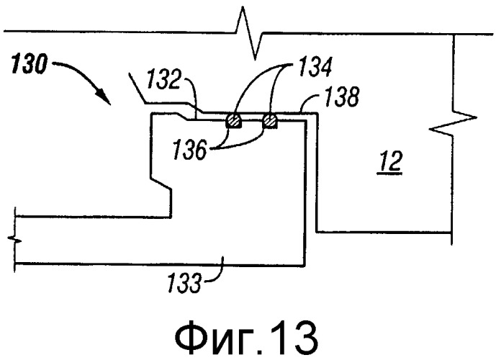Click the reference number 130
point(29,65)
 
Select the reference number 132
point(164,80)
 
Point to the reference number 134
point(315,67)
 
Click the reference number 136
point(190,149)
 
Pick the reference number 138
point(342,96)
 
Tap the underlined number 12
point(390,163)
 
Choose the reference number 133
point(184,282)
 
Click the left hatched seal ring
point(234,121)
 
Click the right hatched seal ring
point(270,121)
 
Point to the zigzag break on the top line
point(249,32)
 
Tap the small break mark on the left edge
point(15,240)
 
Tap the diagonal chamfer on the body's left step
point(161,182)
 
